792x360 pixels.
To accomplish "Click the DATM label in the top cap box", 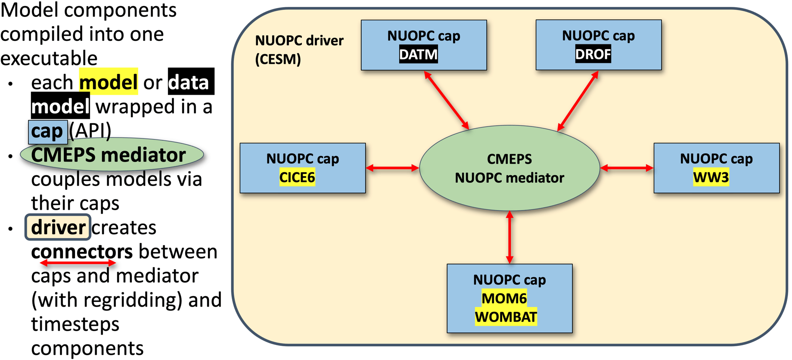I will (x=418, y=55).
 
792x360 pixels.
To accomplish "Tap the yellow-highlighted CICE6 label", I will (x=297, y=177).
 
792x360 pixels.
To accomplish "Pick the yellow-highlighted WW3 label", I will (x=711, y=177).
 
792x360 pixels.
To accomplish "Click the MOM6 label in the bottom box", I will (x=504, y=298).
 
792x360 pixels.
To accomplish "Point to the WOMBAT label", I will (x=506, y=317).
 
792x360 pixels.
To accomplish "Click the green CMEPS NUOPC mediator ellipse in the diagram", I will (x=509, y=168).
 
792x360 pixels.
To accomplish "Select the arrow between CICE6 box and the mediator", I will (x=392, y=168).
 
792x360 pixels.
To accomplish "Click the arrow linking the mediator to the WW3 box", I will (x=627, y=168).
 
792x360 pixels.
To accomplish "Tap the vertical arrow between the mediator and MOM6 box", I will (x=509, y=237).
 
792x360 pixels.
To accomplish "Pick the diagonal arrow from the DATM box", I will (x=447, y=100).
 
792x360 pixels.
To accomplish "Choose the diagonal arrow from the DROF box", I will (x=578, y=101).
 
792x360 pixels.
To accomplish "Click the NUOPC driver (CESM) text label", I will (x=299, y=50).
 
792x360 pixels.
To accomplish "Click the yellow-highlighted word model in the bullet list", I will (x=109, y=82).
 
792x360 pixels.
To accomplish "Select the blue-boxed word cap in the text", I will (x=47, y=131).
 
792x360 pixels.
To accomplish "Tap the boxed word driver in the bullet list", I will (x=58, y=227).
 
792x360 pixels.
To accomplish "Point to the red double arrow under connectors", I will (x=78, y=263).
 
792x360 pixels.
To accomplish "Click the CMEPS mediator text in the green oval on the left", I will (x=109, y=155).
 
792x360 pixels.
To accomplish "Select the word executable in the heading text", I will (x=49, y=58).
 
